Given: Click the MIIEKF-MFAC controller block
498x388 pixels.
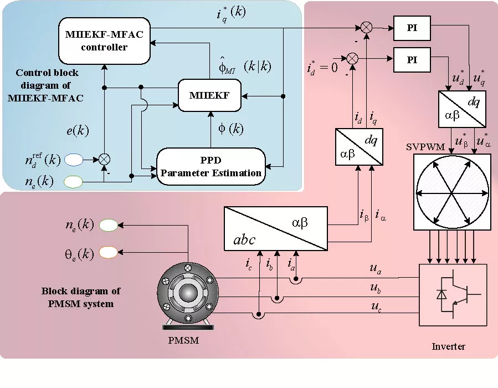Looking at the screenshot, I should coord(104,40).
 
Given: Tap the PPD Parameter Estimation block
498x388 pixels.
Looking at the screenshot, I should coord(211,166).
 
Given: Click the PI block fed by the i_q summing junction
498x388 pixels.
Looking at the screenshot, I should coord(412,29).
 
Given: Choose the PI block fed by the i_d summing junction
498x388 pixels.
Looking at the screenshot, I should coord(412,60).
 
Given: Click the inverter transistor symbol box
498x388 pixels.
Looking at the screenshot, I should coord(453,294).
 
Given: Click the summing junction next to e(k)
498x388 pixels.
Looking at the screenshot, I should coord(104,160).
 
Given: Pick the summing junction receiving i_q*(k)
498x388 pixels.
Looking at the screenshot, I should coord(366,27).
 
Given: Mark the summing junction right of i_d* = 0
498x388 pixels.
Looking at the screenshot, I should coord(352,58).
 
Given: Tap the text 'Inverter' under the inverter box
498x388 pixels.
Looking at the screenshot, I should coord(448,346).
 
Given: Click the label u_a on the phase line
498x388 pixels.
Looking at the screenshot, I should coord(375,269).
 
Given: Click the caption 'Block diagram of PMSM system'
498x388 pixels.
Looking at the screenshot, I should coord(81,297).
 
